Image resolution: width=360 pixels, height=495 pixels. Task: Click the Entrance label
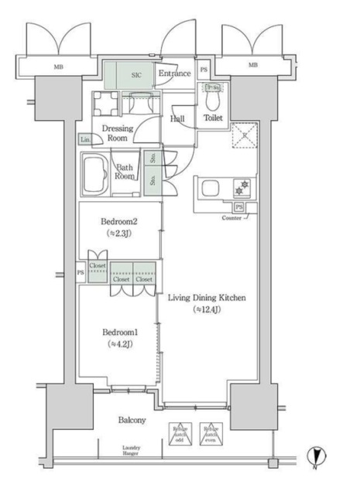(x=174, y=73)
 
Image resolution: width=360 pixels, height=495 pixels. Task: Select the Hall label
(x=177, y=118)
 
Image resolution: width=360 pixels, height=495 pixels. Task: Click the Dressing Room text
(x=118, y=133)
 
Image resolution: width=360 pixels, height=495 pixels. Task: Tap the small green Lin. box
(x=84, y=140)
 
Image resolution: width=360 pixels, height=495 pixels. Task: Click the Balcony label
(x=132, y=420)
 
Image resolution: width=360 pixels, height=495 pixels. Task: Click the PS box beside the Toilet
(x=203, y=68)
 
